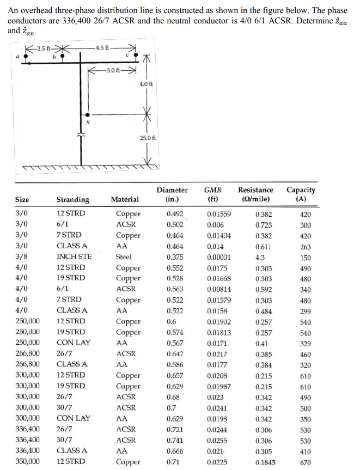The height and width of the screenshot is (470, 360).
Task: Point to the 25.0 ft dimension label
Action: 148,138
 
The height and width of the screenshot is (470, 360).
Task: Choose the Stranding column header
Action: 73,200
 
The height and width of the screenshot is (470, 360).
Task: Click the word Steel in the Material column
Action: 124,257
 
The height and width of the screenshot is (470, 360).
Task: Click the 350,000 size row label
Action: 27,462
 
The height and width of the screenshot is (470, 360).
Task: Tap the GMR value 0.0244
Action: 217,429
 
